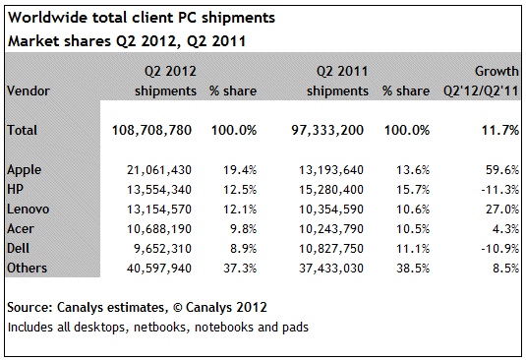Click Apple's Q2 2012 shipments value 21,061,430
[x=159, y=170]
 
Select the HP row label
[x=15, y=189]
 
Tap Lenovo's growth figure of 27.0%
[x=502, y=210]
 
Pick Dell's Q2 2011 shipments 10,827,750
[x=331, y=249]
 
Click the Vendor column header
[x=29, y=90]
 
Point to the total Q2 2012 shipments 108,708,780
[x=151, y=130]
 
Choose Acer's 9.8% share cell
[x=243, y=229]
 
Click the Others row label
[x=27, y=269]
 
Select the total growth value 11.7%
[x=500, y=130]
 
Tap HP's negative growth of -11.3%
[x=499, y=190]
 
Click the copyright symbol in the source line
[x=177, y=308]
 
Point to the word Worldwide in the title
[x=46, y=18]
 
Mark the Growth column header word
[x=497, y=71]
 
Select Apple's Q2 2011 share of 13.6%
[x=413, y=170]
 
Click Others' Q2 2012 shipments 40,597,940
[x=159, y=269]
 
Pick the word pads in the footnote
[x=295, y=328]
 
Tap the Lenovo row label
[x=29, y=210]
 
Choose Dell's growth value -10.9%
[x=499, y=249]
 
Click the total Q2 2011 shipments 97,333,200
[x=327, y=130]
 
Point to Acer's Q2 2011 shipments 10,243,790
[x=331, y=229]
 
